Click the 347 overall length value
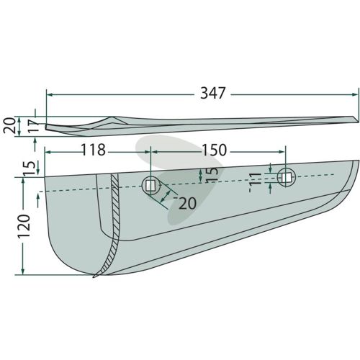tap(213, 93)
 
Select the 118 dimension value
tap(94, 150)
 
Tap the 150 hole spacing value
tap(215, 150)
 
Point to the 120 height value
tap(24, 226)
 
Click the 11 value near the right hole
tap(255, 179)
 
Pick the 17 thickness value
tap(35, 126)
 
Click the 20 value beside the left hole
tap(188, 204)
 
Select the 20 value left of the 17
tap(9, 126)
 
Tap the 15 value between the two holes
tap(212, 175)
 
